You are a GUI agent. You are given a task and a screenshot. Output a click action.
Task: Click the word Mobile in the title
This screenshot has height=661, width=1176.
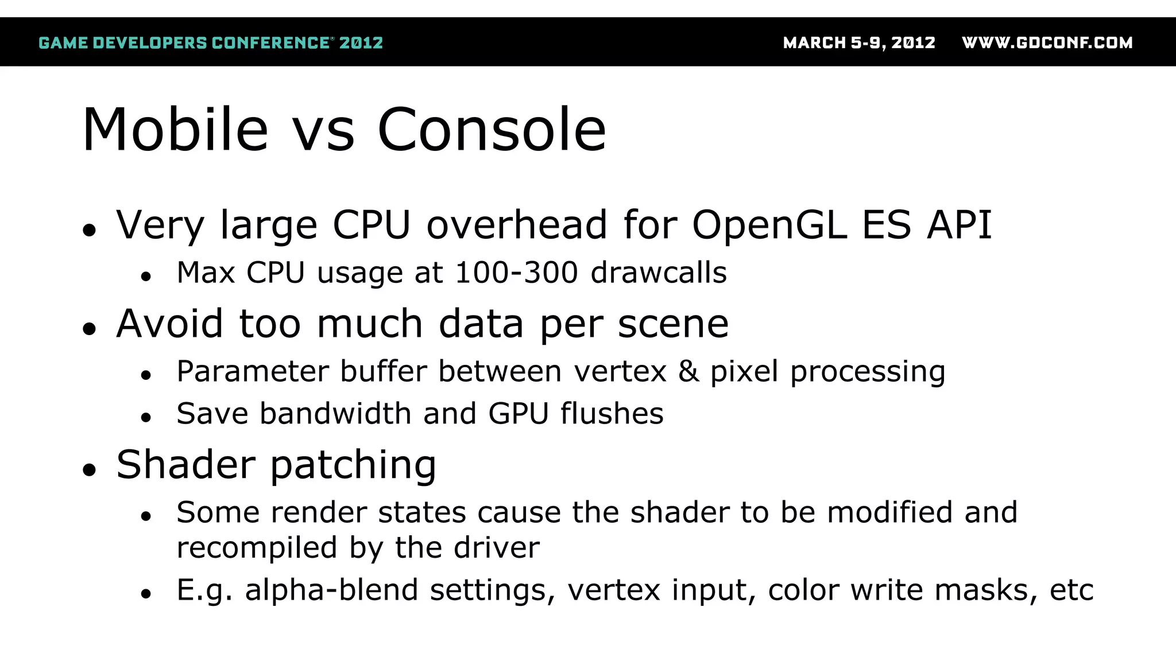pyautogui.click(x=175, y=130)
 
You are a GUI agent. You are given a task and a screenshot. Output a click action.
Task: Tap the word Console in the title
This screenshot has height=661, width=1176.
pyautogui.click(x=492, y=130)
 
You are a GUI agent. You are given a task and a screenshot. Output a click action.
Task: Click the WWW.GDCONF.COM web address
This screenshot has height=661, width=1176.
pyautogui.click(x=1047, y=43)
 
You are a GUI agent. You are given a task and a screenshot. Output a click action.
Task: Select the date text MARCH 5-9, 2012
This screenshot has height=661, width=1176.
pyautogui.click(x=859, y=43)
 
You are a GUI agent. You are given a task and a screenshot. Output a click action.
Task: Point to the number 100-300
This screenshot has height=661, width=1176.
pyautogui.click(x=516, y=273)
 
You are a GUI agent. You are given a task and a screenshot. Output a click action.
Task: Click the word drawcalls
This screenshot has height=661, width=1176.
pyautogui.click(x=659, y=273)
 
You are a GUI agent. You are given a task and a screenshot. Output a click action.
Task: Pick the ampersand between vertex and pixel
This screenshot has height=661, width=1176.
pyautogui.click(x=688, y=371)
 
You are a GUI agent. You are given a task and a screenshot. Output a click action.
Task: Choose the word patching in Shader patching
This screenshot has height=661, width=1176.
pyautogui.click(x=353, y=465)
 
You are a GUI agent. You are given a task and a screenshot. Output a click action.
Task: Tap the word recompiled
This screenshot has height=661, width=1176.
pyautogui.click(x=257, y=548)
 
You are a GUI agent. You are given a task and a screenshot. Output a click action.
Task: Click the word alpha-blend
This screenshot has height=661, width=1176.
pyautogui.click(x=331, y=590)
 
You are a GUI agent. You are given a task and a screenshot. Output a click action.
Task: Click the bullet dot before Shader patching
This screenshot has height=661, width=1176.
pyautogui.click(x=89, y=470)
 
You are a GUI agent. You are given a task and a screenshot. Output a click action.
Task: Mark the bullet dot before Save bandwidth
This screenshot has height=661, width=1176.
pyautogui.click(x=146, y=418)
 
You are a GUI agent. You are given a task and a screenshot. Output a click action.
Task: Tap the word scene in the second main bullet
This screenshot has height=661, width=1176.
pyautogui.click(x=673, y=324)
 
